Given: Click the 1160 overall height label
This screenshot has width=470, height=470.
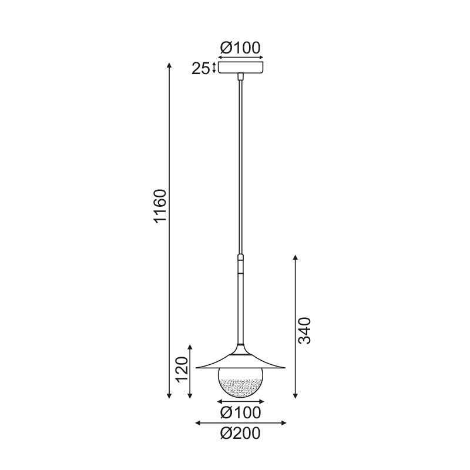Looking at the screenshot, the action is [160, 206].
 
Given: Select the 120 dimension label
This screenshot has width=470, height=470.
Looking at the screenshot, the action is [182, 370].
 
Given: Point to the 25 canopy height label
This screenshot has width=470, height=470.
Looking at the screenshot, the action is [200, 69].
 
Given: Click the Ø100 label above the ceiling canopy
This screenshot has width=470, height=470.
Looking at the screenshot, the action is [240, 48].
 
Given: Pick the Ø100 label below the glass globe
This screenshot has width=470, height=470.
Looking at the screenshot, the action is [241, 412].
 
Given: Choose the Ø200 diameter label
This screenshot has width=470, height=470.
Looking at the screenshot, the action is [240, 433].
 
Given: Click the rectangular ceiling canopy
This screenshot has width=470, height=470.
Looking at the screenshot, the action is [241, 67].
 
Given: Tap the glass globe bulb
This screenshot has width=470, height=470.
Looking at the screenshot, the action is [241, 383].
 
